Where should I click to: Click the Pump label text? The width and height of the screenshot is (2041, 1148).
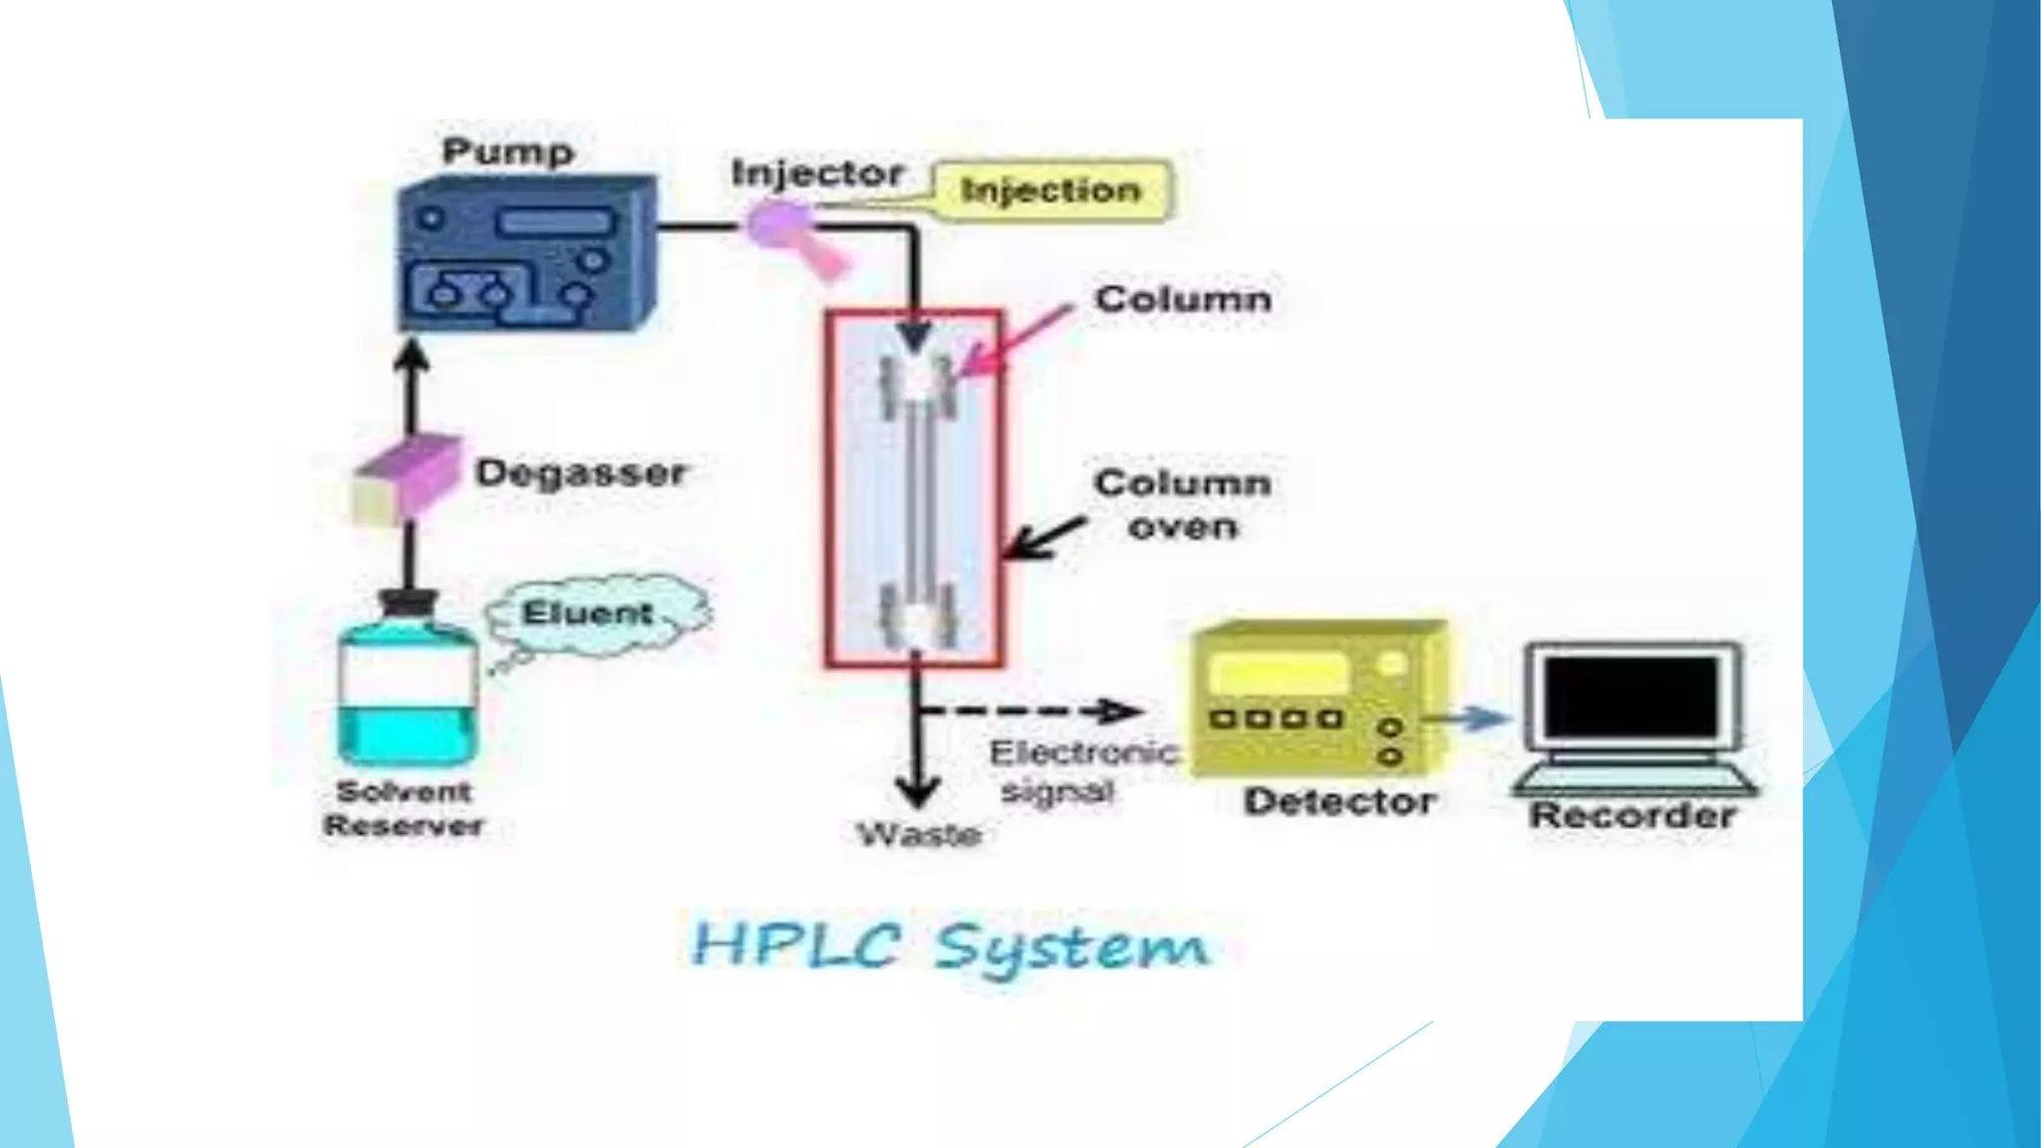coord(508,151)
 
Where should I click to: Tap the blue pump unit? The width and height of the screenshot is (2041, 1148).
coord(525,256)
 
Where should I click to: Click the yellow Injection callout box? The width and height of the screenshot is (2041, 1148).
coord(1051,190)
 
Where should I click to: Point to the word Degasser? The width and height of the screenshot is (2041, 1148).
coord(581,472)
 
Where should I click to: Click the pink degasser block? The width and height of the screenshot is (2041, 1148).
coord(409,478)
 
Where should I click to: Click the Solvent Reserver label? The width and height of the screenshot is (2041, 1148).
coord(404,808)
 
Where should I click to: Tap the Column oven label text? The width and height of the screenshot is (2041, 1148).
coord(1183,504)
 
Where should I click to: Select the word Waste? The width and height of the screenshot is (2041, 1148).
coord(919,833)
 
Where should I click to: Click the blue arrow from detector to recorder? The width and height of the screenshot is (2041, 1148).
coord(1469,717)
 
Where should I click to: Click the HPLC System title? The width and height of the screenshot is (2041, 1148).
coord(950,945)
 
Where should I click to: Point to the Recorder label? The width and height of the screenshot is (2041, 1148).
coord(1632,815)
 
